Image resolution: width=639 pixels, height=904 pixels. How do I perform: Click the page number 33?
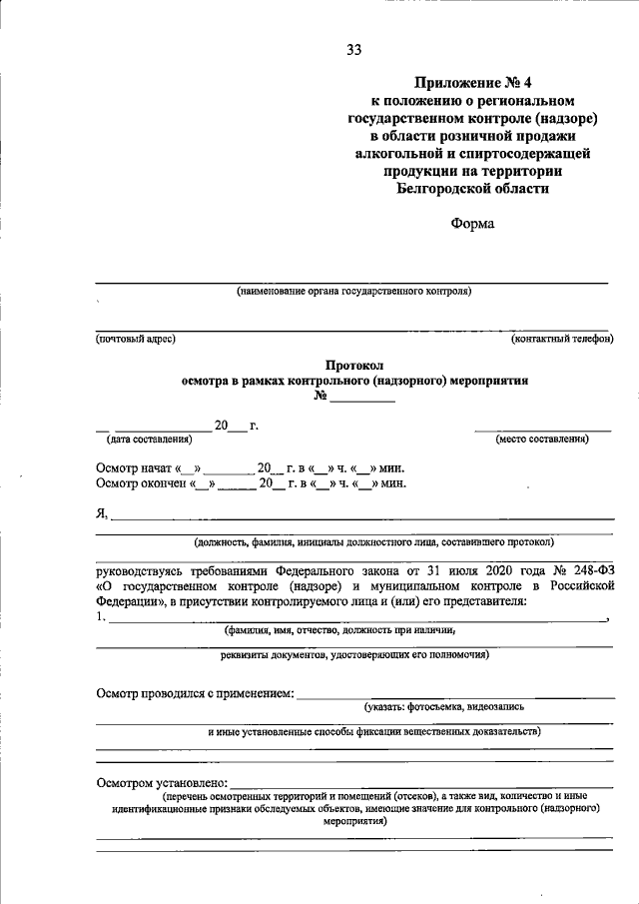click(354, 50)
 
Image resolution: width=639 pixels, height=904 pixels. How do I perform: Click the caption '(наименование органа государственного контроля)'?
click(353, 292)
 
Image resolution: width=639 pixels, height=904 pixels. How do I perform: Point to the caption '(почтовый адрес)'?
click(136, 339)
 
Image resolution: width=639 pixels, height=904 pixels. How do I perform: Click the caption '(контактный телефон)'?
click(562, 339)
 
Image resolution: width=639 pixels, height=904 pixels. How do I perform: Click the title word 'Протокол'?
click(354, 366)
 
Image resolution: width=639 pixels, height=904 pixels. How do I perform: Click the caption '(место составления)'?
click(542, 440)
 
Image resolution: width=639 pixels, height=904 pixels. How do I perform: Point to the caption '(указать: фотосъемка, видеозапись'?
click(443, 706)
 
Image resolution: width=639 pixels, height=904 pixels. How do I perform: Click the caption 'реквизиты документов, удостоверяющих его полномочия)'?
click(353, 656)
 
